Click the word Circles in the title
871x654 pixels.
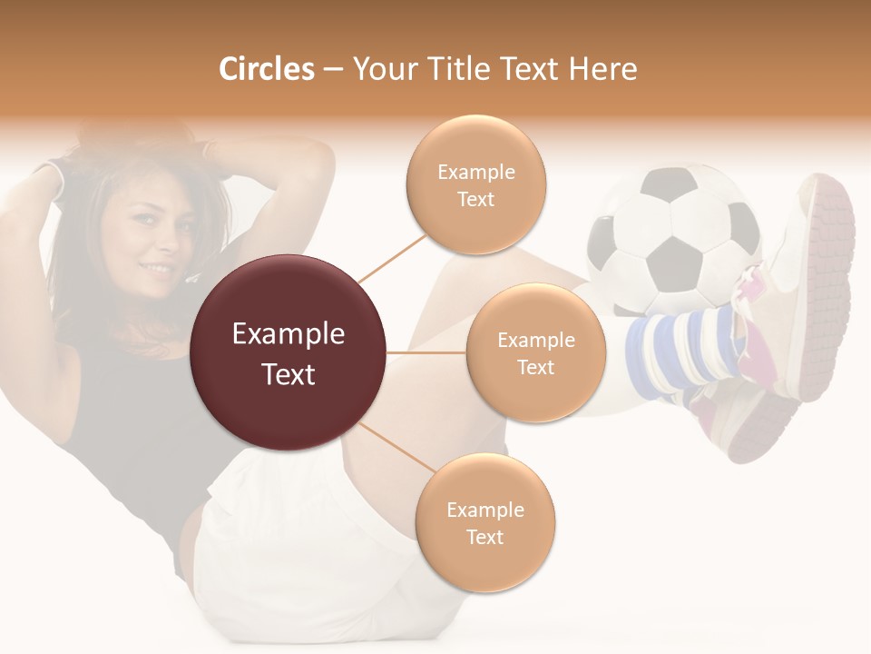pos(266,69)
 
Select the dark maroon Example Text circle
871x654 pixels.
pos(289,352)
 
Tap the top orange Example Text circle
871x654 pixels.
pos(475,184)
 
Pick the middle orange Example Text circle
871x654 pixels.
pos(535,352)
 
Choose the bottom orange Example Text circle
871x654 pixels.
pos(484,522)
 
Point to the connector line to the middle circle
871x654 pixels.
pos(426,352)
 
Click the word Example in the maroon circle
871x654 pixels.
pos(289,334)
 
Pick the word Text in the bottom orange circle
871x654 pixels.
pos(484,537)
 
